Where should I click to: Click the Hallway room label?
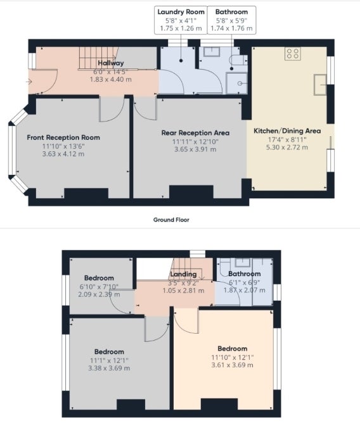pyautogui.click(x=111, y=63)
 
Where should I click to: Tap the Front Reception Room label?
pyautogui.click(x=63, y=137)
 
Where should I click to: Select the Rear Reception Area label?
pyautogui.click(x=195, y=133)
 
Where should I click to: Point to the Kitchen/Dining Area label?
pyautogui.click(x=287, y=131)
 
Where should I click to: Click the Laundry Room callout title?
pyautogui.click(x=181, y=12)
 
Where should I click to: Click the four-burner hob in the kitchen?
pyautogui.click(x=293, y=53)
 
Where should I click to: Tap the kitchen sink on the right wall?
pyautogui.click(x=320, y=85)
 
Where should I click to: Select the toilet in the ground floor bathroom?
pyautogui.click(x=238, y=60)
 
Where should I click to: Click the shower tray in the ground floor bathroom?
pyautogui.click(x=236, y=84)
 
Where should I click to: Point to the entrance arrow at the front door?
pyautogui.click(x=29, y=82)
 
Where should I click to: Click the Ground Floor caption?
pyautogui.click(x=171, y=220)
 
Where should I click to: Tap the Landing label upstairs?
pyautogui.click(x=183, y=274)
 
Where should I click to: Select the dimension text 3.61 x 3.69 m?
pyautogui.click(x=232, y=365)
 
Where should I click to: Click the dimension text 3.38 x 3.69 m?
pyautogui.click(x=109, y=369)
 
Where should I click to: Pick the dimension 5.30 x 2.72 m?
pyautogui.click(x=287, y=148)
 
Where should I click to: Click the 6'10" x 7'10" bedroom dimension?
pyautogui.click(x=99, y=287)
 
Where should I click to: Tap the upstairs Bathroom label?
pyautogui.click(x=245, y=274)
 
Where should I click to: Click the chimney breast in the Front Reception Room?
pyautogui.click(x=86, y=193)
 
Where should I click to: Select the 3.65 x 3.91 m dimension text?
pyautogui.click(x=195, y=149)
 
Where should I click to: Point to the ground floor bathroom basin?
pyautogui.click(x=212, y=51)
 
